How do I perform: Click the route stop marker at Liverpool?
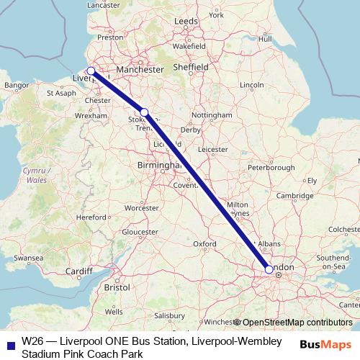pos(91,71)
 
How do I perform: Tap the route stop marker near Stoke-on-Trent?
pos(144,112)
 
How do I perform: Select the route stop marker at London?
pos(269,269)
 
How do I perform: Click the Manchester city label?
pos(141,71)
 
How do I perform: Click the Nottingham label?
pos(213,114)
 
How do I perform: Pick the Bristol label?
pos(116,287)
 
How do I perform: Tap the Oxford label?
pos(204,244)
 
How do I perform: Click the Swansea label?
pos(28,256)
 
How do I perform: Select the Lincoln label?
pos(252,85)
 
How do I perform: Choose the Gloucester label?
pos(140,233)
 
